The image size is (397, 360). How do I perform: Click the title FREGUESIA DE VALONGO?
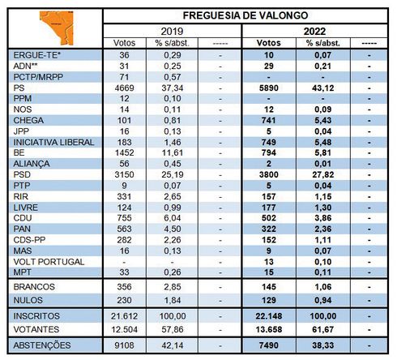pyautogui.click(x=245, y=15)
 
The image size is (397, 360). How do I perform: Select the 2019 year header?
pyautogui.click(x=172, y=32)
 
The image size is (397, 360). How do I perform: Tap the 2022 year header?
pyautogui.click(x=314, y=32)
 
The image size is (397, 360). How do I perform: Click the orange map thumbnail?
pyautogui.click(x=57, y=28)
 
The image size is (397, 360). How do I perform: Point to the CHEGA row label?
pyautogui.click(x=28, y=120)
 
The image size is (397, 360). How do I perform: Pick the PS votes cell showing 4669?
pyautogui.click(x=124, y=88)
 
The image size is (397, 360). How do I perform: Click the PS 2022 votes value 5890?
pyautogui.click(x=269, y=88)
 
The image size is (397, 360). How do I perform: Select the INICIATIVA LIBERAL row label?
pyautogui.click(x=53, y=142)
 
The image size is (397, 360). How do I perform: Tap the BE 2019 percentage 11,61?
pyautogui.click(x=173, y=152)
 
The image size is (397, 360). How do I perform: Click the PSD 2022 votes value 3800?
pyautogui.click(x=269, y=174)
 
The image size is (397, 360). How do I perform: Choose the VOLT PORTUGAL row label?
pyautogui.click(x=49, y=262)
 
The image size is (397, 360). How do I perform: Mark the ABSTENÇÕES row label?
pyautogui.click(x=42, y=345)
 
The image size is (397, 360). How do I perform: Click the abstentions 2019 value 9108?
pyautogui.click(x=124, y=345)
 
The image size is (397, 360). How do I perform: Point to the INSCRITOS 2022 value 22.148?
pyautogui.click(x=269, y=316)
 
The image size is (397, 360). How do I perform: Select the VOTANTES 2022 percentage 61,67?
pyautogui.click(x=323, y=329)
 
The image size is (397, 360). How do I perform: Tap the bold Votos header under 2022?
pyautogui.click(x=269, y=43)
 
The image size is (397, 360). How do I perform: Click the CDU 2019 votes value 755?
pyautogui.click(x=124, y=218)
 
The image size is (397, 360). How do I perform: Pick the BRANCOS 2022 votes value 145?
pyautogui.click(x=269, y=287)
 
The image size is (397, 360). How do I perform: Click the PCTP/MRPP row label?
pyautogui.click(x=38, y=77)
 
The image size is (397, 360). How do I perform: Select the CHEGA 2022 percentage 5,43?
pyautogui.click(x=323, y=120)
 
